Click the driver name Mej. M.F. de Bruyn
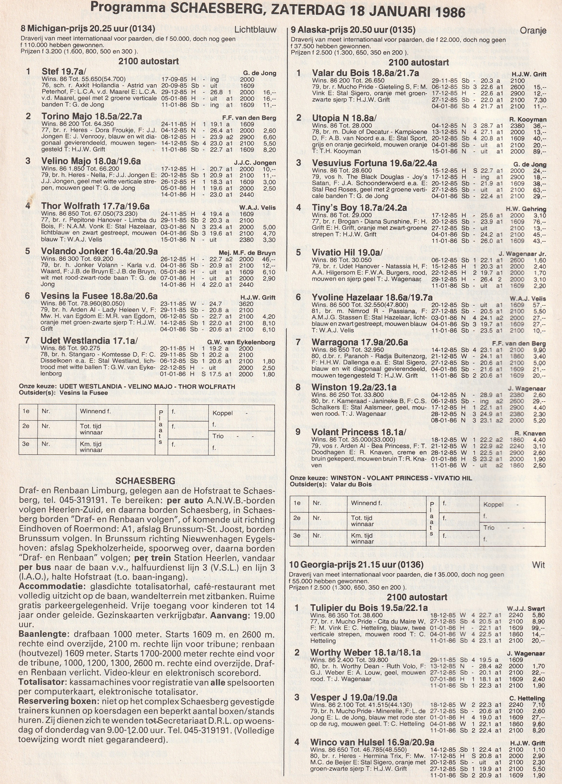coord(247,253)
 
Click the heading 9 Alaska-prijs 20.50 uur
coord(353,30)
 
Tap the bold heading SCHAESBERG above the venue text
coord(145,481)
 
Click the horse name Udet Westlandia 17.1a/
coord(89,340)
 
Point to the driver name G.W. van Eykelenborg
coord(241,343)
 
